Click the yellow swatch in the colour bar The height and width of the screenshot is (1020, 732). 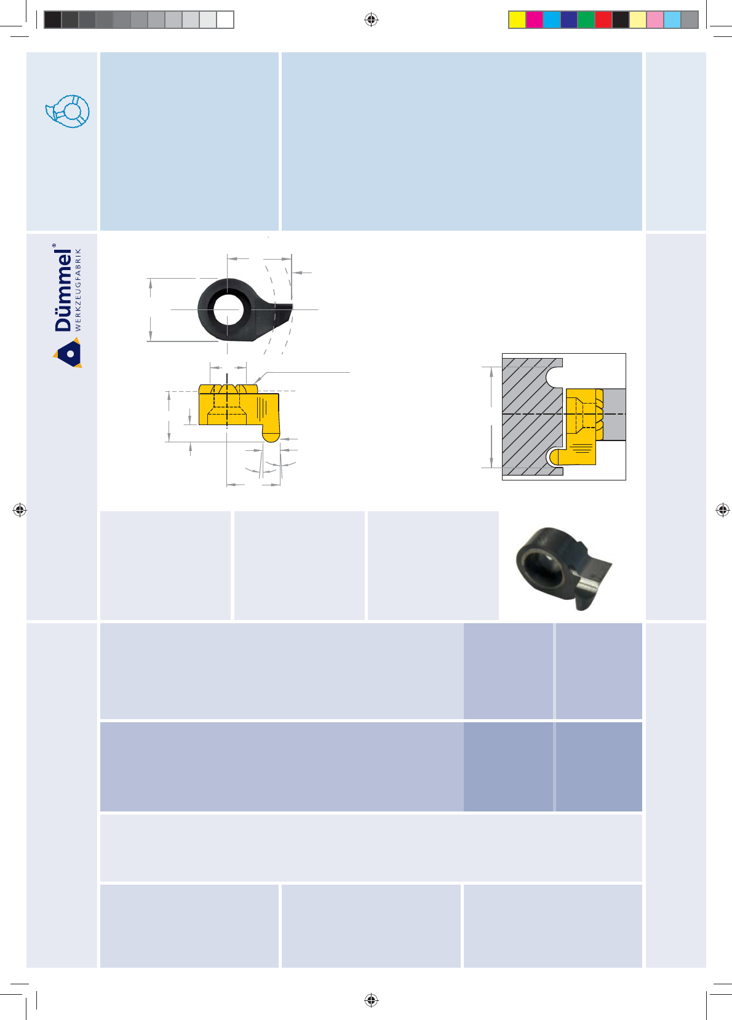tap(517, 20)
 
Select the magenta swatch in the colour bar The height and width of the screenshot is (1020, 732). tap(535, 20)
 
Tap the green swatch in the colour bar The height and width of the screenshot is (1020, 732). tap(586, 20)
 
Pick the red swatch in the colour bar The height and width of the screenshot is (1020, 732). tap(603, 20)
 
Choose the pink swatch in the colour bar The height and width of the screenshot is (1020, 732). tap(655, 20)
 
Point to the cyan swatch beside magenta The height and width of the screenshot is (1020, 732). tap(552, 20)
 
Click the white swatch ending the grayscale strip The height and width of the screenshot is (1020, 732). tap(225, 20)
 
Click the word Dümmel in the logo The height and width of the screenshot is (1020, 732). tap(63, 290)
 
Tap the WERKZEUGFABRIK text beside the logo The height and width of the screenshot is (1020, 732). tap(78, 290)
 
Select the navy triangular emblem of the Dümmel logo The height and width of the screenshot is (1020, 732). tap(69, 353)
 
